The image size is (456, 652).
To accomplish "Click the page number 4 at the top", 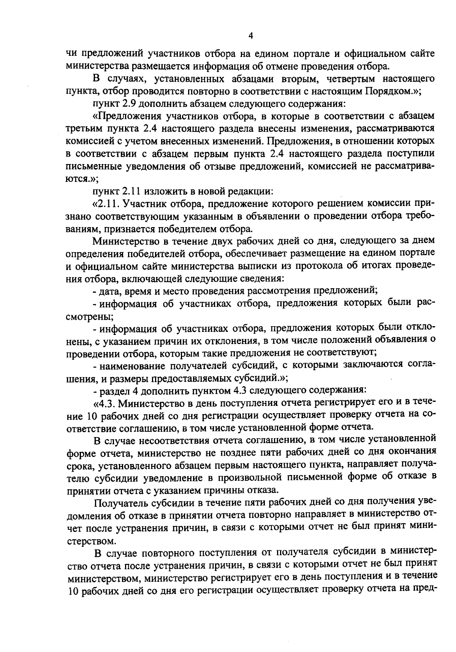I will coord(250,36).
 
